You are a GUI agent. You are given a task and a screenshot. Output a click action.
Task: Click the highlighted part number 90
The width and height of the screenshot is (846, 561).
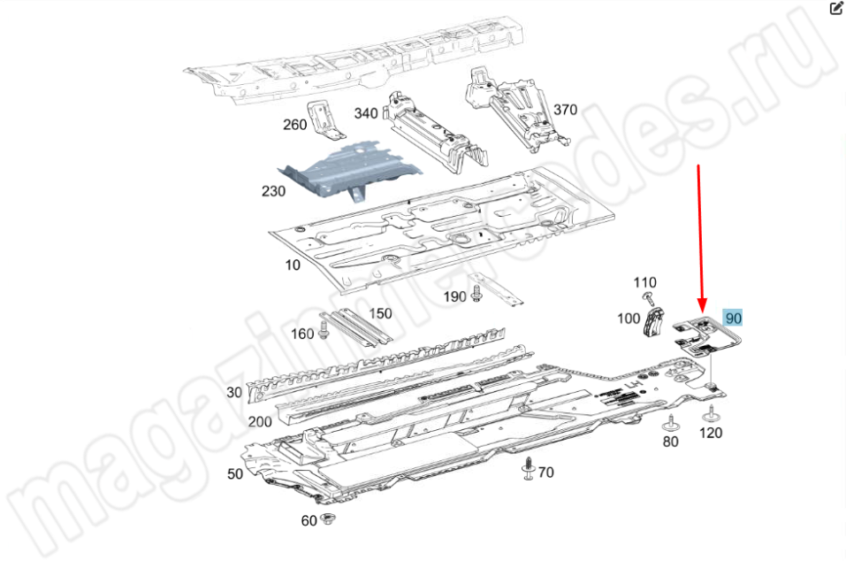tap(733, 318)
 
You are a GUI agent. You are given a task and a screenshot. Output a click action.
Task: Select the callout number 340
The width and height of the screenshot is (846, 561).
tap(366, 113)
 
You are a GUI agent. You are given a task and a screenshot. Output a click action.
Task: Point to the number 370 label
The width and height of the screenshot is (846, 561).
tap(566, 110)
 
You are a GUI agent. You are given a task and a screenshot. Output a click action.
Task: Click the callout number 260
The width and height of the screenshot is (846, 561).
tap(294, 125)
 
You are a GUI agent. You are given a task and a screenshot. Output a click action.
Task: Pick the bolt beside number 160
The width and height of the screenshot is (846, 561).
tap(324, 330)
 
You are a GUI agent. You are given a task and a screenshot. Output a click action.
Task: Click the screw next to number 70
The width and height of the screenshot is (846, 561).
tap(529, 468)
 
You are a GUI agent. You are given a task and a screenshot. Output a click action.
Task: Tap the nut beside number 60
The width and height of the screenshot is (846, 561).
tap(326, 519)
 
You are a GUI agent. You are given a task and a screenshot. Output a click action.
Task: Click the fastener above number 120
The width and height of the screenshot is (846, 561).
tap(711, 414)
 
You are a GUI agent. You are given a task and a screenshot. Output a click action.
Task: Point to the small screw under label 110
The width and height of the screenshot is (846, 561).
tap(648, 297)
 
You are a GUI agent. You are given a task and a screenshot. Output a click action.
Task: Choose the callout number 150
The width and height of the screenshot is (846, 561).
tap(380, 313)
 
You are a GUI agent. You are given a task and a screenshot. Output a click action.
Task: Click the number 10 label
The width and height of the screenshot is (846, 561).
tap(293, 265)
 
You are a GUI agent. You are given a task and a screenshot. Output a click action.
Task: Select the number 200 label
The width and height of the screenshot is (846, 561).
tap(260, 421)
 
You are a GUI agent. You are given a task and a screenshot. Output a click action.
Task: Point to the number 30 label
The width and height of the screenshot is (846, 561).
tap(234, 392)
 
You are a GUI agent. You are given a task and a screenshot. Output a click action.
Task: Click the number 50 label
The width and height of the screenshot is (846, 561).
tap(234, 473)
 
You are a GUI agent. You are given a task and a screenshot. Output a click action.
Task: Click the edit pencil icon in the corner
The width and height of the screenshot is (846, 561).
tap(835, 9)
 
